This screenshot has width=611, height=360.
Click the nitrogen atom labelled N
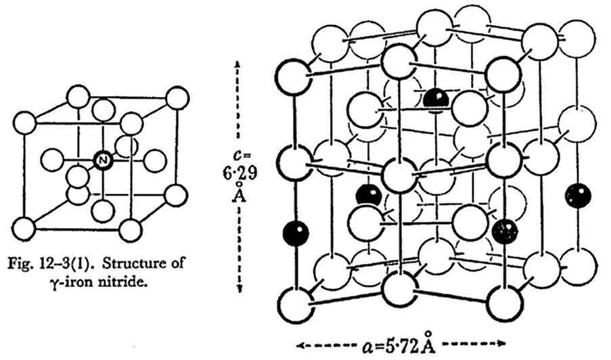[101, 160]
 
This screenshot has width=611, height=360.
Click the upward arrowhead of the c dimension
[239, 63]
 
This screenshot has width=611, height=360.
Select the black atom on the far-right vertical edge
[579, 196]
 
